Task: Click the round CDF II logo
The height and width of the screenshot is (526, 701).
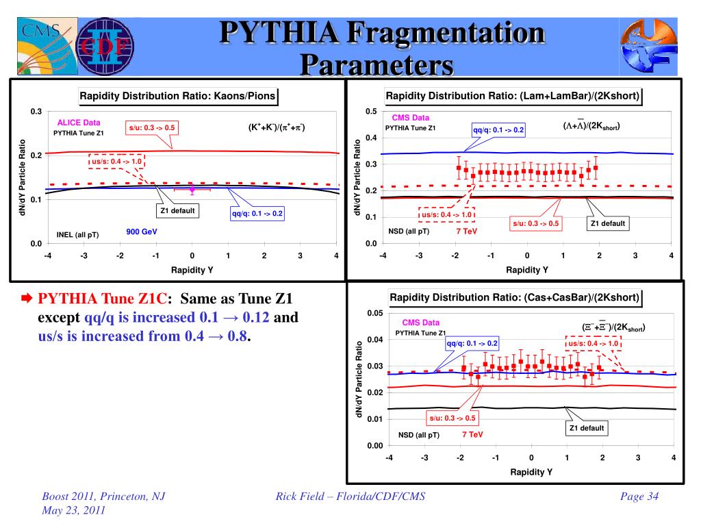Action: tap(105, 47)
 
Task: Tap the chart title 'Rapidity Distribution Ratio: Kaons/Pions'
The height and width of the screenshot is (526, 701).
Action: tap(178, 97)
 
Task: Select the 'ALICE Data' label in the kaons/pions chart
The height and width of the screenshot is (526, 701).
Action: tap(79, 123)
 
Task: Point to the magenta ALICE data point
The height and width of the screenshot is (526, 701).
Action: tap(192, 188)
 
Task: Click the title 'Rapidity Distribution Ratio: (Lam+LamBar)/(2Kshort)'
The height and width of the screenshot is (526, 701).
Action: tap(513, 97)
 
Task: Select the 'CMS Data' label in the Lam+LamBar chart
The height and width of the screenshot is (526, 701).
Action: tap(411, 118)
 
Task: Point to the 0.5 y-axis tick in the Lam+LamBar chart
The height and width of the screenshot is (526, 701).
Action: tap(370, 112)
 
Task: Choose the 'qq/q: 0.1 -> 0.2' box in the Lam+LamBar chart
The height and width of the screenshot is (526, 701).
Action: tap(498, 129)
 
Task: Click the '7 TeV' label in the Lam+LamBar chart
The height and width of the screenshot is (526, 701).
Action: tap(468, 231)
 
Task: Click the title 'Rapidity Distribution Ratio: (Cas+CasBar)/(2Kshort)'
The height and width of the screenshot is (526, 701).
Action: tap(515, 298)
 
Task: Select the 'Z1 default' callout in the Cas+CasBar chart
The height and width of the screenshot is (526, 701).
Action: tap(587, 428)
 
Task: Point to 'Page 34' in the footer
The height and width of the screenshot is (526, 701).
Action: tap(639, 497)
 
